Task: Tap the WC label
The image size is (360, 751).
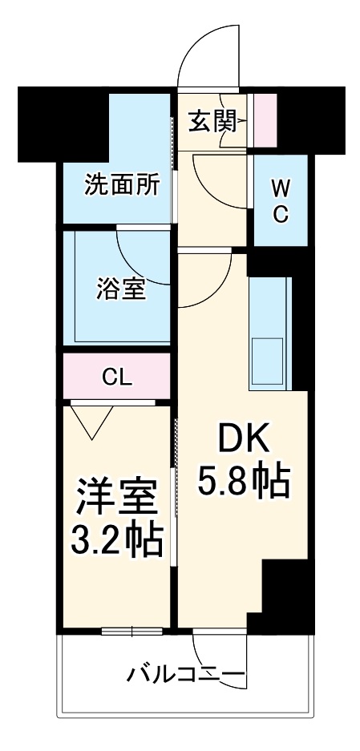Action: point(280,200)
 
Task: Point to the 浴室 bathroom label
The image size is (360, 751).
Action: point(121,288)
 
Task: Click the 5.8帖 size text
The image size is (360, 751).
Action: point(243,481)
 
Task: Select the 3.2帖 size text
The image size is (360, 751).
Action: point(118,542)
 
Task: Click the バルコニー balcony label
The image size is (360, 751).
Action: point(186,675)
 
